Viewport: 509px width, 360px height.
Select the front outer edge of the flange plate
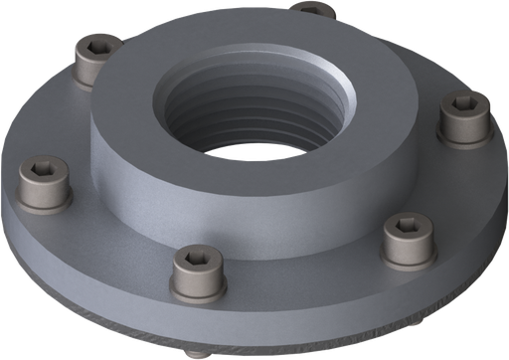(278, 328)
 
